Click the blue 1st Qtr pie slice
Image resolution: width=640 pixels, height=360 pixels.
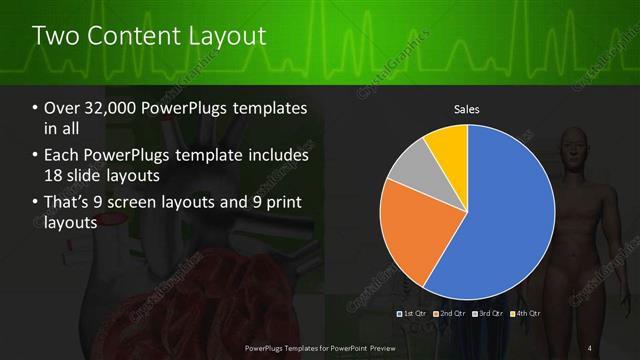coord(505,215)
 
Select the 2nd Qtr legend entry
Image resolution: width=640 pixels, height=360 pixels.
coord(450,313)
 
